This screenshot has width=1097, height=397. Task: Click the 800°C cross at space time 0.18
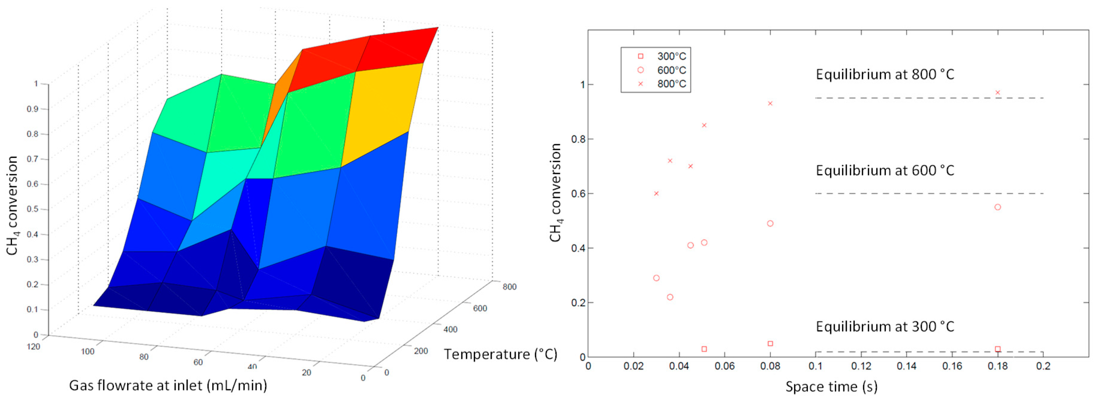pos(997,92)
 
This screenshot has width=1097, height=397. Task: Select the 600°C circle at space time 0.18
pos(997,207)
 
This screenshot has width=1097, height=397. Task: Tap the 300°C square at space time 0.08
pos(770,343)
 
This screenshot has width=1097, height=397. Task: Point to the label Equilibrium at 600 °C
pos(884,170)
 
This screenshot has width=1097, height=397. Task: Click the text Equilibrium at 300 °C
pos(884,326)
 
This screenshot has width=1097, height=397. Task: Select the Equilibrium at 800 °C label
pos(884,75)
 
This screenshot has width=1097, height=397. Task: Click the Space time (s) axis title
pos(831,386)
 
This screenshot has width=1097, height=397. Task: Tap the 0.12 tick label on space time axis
pos(861,366)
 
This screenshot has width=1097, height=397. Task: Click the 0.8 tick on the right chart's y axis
pos(578,139)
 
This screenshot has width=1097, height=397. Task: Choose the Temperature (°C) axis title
pos(501,354)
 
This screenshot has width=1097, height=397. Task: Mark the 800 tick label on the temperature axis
pos(509,287)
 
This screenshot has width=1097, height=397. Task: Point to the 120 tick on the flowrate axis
pos(33,346)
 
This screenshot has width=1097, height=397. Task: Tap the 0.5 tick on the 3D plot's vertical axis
pos(33,209)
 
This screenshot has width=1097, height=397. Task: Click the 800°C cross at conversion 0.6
pos(656,194)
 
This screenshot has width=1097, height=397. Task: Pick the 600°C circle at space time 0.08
pos(770,224)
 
